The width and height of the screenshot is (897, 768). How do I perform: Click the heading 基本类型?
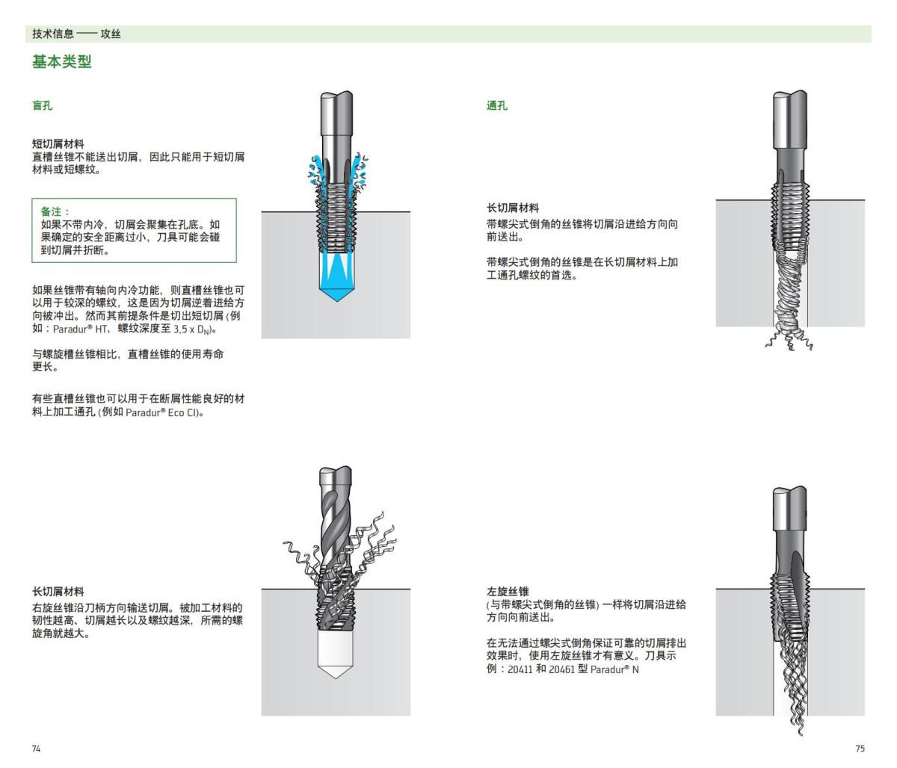click(61, 62)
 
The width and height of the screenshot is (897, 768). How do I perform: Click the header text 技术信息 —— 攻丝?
click(76, 34)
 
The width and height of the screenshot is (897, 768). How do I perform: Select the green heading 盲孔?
click(42, 105)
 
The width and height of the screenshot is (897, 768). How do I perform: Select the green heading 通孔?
click(496, 105)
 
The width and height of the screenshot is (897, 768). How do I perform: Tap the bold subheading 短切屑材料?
click(58, 143)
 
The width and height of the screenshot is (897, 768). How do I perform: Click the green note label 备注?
click(55, 212)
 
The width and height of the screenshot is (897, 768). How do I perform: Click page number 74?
click(37, 749)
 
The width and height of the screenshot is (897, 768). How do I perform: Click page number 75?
click(860, 749)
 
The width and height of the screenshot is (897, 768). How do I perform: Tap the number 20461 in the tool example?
click(563, 669)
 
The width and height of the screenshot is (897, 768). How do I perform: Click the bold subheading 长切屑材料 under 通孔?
click(512, 208)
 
